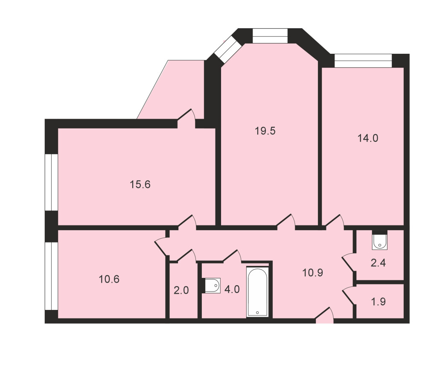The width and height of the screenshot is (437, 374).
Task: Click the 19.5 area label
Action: [265, 131]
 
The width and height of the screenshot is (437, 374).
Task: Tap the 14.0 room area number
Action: [368, 138]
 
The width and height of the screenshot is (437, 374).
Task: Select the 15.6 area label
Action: [140, 184]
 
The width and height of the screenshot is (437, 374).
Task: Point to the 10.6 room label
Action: [109, 279]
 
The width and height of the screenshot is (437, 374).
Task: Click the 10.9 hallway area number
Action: [313, 272]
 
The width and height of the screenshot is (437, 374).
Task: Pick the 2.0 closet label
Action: [181, 290]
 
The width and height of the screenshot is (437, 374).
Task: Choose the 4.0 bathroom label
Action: [232, 289]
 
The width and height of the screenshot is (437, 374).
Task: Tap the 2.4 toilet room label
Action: [378, 263]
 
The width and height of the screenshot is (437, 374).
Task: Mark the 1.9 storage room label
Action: [379, 301]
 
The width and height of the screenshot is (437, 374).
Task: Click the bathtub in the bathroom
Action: [257, 292]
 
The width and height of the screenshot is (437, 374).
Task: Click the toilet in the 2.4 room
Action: [379, 242]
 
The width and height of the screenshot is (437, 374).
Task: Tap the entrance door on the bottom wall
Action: [324, 315]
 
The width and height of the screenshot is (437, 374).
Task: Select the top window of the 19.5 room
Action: [270, 36]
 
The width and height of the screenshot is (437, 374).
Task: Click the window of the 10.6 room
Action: [51, 276]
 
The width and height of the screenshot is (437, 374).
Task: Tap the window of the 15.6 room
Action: [51, 182]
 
